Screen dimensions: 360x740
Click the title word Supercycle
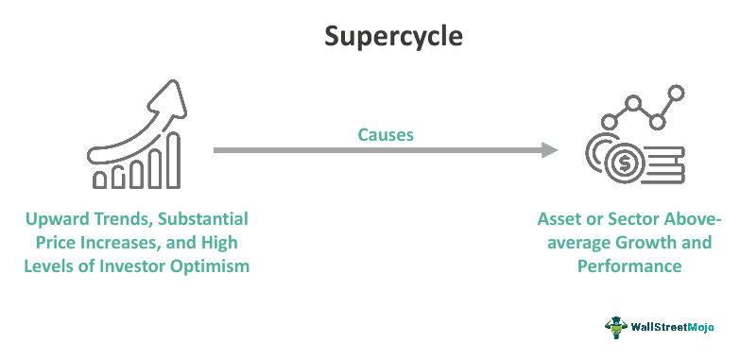point(393,37)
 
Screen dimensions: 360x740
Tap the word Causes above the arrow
point(385,135)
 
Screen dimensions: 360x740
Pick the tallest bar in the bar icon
point(173,160)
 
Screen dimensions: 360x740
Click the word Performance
point(629,266)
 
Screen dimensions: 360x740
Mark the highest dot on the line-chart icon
point(676,92)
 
